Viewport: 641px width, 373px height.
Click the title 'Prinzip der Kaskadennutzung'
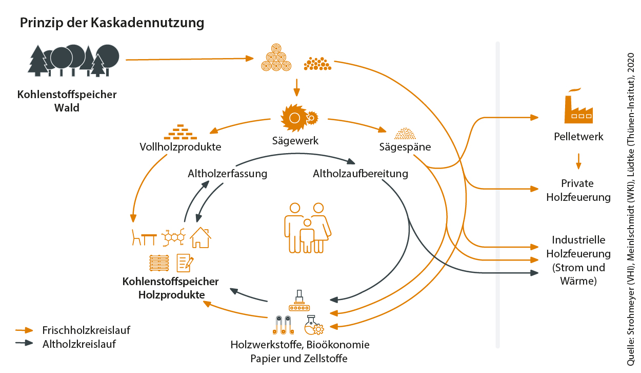point(112,23)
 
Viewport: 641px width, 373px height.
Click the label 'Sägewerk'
point(295,141)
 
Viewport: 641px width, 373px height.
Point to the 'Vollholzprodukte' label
point(180,147)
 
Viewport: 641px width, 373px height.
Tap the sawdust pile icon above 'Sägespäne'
point(405,134)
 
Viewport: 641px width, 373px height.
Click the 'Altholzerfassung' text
point(227,174)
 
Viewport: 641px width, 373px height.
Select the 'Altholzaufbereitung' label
point(360,174)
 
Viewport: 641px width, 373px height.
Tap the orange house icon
point(201,237)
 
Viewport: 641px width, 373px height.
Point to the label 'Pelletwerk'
point(578,137)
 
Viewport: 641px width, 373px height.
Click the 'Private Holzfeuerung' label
point(578,190)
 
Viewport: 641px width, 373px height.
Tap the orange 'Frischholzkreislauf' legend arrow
point(24,330)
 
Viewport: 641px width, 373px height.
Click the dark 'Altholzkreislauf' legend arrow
point(24,344)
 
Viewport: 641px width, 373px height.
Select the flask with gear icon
point(313,325)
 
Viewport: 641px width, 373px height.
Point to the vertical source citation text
point(631,206)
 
